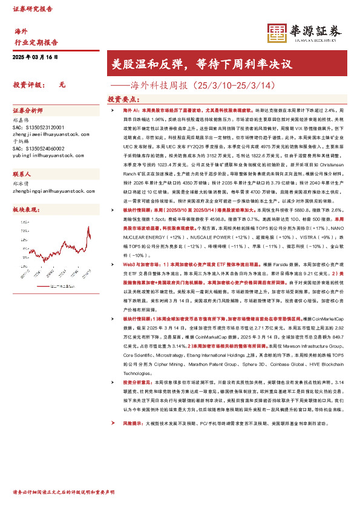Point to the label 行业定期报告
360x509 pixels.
pyautogui.click(x=36, y=42)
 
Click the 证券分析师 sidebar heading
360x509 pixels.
pyautogui.click(x=28, y=111)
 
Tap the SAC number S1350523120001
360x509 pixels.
pyautogui.click(x=37, y=128)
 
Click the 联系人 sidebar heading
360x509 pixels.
pyautogui.click(x=23, y=173)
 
